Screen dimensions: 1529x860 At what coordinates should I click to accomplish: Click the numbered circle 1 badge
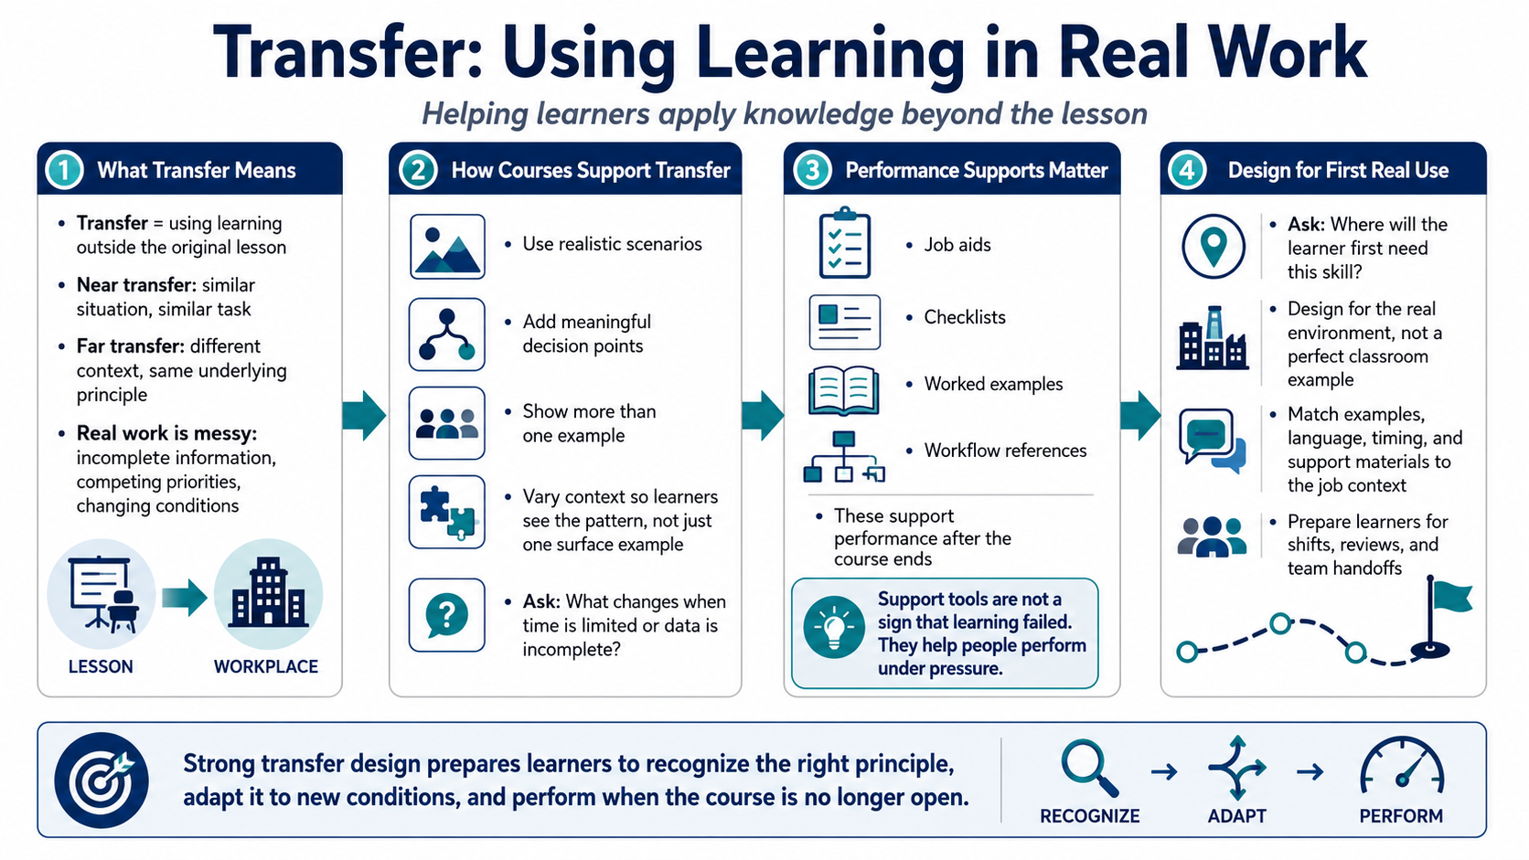click(64, 170)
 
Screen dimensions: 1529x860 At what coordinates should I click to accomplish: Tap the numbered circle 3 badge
click(812, 170)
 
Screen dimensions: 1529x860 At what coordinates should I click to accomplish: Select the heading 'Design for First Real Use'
click(1338, 170)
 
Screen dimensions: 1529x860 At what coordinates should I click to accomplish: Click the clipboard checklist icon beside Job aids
click(844, 242)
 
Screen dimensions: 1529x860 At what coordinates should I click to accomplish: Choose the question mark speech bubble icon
click(446, 615)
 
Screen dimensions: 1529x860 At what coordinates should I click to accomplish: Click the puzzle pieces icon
click(447, 513)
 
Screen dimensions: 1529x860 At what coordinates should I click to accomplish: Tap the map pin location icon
click(1213, 246)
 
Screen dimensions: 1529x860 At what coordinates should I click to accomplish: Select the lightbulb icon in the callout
click(833, 627)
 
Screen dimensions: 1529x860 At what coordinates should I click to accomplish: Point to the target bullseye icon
click(102, 780)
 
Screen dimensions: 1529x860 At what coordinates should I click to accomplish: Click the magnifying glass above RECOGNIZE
click(1090, 769)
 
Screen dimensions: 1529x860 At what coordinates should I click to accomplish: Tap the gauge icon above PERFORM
click(1401, 766)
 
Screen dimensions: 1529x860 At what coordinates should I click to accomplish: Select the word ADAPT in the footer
click(1237, 816)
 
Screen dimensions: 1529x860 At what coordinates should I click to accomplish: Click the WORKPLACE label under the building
click(265, 666)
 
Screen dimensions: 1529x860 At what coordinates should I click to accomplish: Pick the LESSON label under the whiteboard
click(101, 666)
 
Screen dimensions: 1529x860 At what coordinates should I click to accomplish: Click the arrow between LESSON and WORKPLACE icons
click(185, 598)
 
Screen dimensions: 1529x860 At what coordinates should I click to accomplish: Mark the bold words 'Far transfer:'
click(131, 346)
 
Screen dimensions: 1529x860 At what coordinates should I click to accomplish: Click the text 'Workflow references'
click(1005, 451)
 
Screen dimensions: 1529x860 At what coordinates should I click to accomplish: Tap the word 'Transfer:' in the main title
click(348, 52)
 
